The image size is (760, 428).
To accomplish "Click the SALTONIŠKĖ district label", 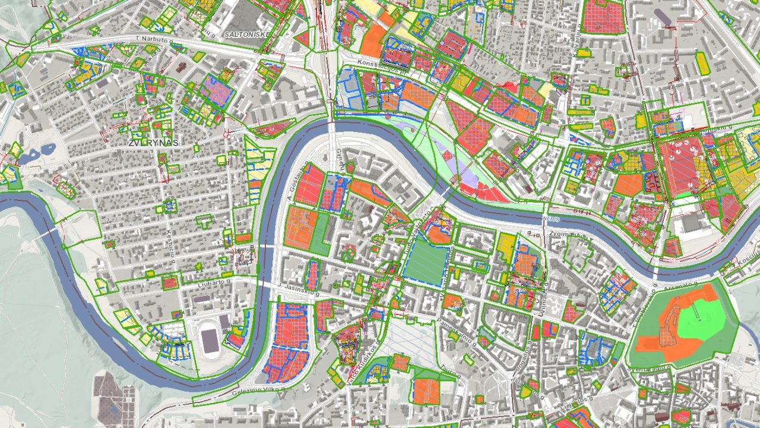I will click(x=248, y=34).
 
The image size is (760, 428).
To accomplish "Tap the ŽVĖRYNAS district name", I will click(x=153, y=143).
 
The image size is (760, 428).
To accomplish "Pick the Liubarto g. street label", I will click(x=212, y=282).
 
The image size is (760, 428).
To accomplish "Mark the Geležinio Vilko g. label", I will click(x=259, y=391).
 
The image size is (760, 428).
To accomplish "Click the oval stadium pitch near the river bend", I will click(x=210, y=341).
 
